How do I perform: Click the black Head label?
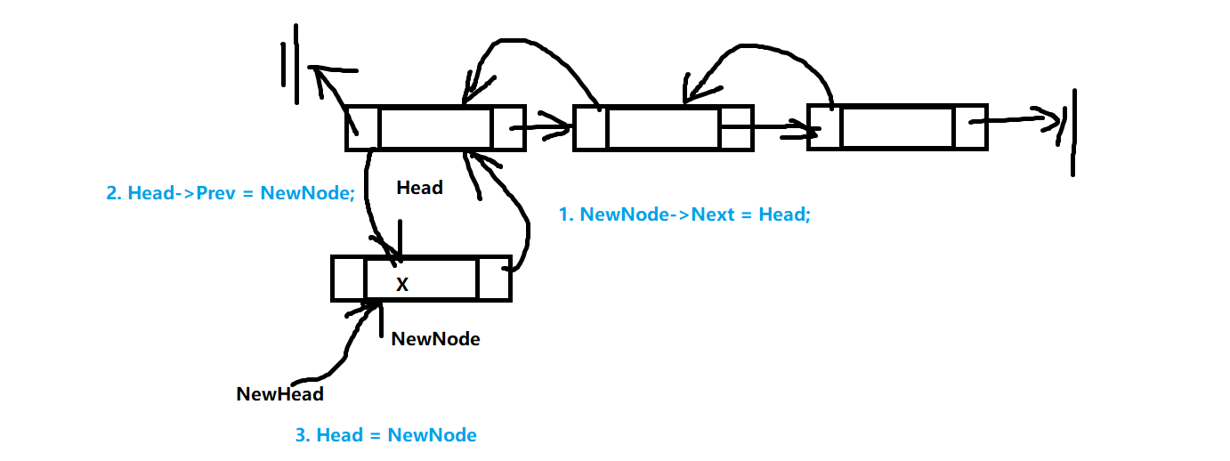pyautogui.click(x=419, y=188)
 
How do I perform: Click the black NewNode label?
pyautogui.click(x=435, y=338)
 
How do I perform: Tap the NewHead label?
pyautogui.click(x=279, y=393)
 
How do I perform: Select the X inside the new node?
pyautogui.click(x=402, y=285)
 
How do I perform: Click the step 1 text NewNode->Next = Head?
pyautogui.click(x=684, y=214)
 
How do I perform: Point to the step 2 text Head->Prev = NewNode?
pyautogui.click(x=231, y=192)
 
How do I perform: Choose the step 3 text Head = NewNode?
pyautogui.click(x=385, y=435)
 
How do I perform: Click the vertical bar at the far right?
pyautogui.click(x=1073, y=131)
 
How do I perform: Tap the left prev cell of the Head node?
pyautogui.click(x=362, y=128)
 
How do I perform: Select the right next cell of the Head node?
pyautogui.click(x=508, y=128)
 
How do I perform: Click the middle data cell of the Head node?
pyautogui.click(x=435, y=128)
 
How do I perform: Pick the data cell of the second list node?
pyautogui.click(x=663, y=128)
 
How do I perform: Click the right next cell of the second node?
pyautogui.click(x=736, y=128)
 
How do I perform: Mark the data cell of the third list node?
pyautogui.click(x=896, y=128)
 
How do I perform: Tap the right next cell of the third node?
pyautogui.click(x=970, y=128)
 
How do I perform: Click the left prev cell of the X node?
pyautogui.click(x=348, y=279)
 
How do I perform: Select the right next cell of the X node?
pyautogui.click(x=494, y=279)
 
